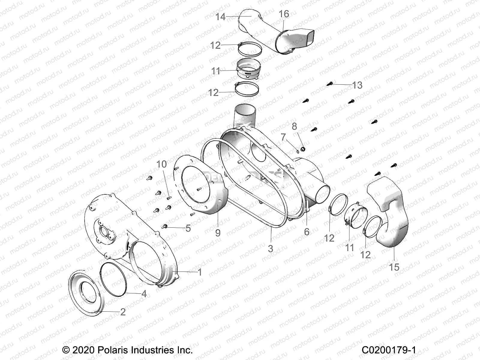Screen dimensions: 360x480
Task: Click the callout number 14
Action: pos(220,17)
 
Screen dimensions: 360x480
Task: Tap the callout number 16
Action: pos(284,14)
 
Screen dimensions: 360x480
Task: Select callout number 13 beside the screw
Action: pos(357,85)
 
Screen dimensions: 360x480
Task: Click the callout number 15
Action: pos(394,267)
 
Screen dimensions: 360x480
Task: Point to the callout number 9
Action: pos(218,232)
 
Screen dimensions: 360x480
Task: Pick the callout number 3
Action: pos(271,248)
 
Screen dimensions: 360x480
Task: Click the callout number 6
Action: pos(307,231)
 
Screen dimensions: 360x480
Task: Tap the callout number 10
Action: pos(162,164)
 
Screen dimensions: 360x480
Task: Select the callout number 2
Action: pos(123,312)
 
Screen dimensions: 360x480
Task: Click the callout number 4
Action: pos(144,294)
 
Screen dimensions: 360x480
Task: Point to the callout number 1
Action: pos(199,272)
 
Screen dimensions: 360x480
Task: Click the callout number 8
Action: pos(294,126)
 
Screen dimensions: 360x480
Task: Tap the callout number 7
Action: pos(283,137)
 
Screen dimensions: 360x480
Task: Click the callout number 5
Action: pos(188,228)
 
